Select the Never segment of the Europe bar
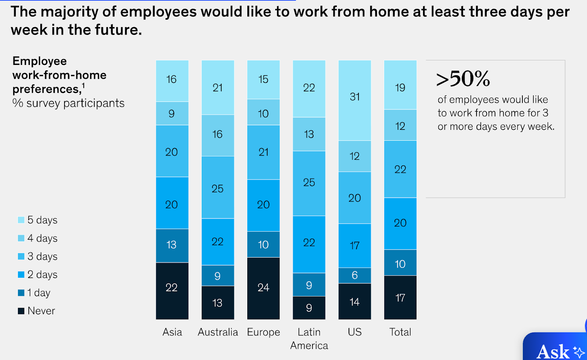(263, 288)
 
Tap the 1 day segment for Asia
(172, 245)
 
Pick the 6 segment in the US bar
(354, 275)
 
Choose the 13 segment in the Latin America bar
(309, 134)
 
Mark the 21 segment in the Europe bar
(263, 152)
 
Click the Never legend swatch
(21, 311)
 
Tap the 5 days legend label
(42, 220)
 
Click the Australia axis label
(218, 332)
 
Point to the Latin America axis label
(309, 338)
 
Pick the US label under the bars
(354, 332)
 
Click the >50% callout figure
(463, 79)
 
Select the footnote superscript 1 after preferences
(83, 86)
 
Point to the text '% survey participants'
(68, 103)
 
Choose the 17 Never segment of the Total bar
(400, 297)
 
